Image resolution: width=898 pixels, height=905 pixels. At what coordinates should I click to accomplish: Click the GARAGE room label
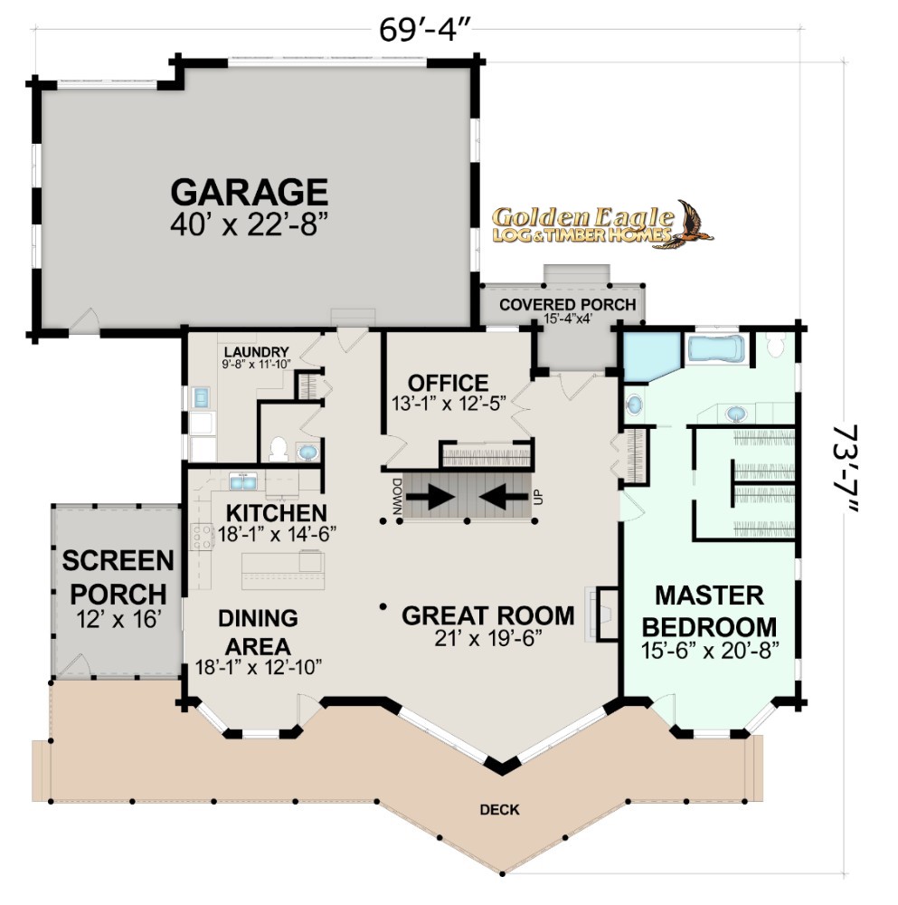250,192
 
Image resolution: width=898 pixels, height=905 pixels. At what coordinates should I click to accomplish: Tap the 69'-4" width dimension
424,30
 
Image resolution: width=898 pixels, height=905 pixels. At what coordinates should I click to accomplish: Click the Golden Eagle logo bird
694,223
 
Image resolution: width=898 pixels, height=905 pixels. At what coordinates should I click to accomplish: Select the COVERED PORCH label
568,305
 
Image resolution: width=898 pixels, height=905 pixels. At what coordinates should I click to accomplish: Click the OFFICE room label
449,383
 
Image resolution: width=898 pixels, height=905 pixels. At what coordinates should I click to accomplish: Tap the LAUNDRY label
256,352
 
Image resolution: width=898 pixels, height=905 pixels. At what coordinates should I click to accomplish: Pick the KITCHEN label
276,513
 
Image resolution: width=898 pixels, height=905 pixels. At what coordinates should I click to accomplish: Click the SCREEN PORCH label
118,577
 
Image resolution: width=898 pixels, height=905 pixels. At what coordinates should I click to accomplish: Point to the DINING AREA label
258,632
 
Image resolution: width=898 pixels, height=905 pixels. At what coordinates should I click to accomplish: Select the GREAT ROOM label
488,615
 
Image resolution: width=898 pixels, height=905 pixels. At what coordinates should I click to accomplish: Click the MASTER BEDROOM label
710,611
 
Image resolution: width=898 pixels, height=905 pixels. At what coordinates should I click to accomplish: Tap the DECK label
499,810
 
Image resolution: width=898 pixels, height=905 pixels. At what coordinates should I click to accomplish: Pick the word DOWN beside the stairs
397,496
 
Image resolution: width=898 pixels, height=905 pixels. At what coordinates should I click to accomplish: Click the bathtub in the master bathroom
715,349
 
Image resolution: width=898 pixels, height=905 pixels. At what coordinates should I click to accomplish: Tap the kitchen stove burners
202,536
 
